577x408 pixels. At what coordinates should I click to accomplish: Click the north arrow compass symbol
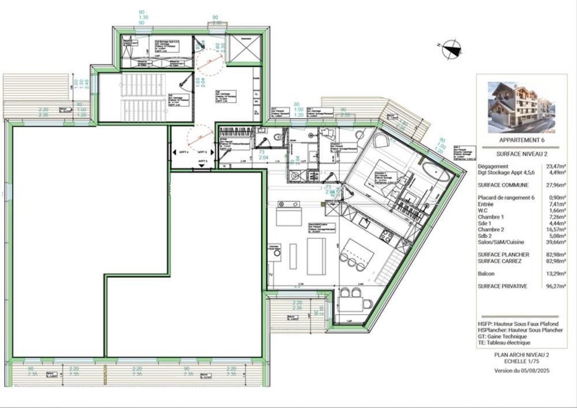click(449, 50)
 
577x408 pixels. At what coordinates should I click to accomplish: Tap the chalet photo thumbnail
click(521, 107)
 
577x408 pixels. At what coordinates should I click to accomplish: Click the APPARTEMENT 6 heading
click(521, 140)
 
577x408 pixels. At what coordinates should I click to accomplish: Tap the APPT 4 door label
click(182, 153)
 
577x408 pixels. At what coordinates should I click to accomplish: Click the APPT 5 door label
click(201, 161)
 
